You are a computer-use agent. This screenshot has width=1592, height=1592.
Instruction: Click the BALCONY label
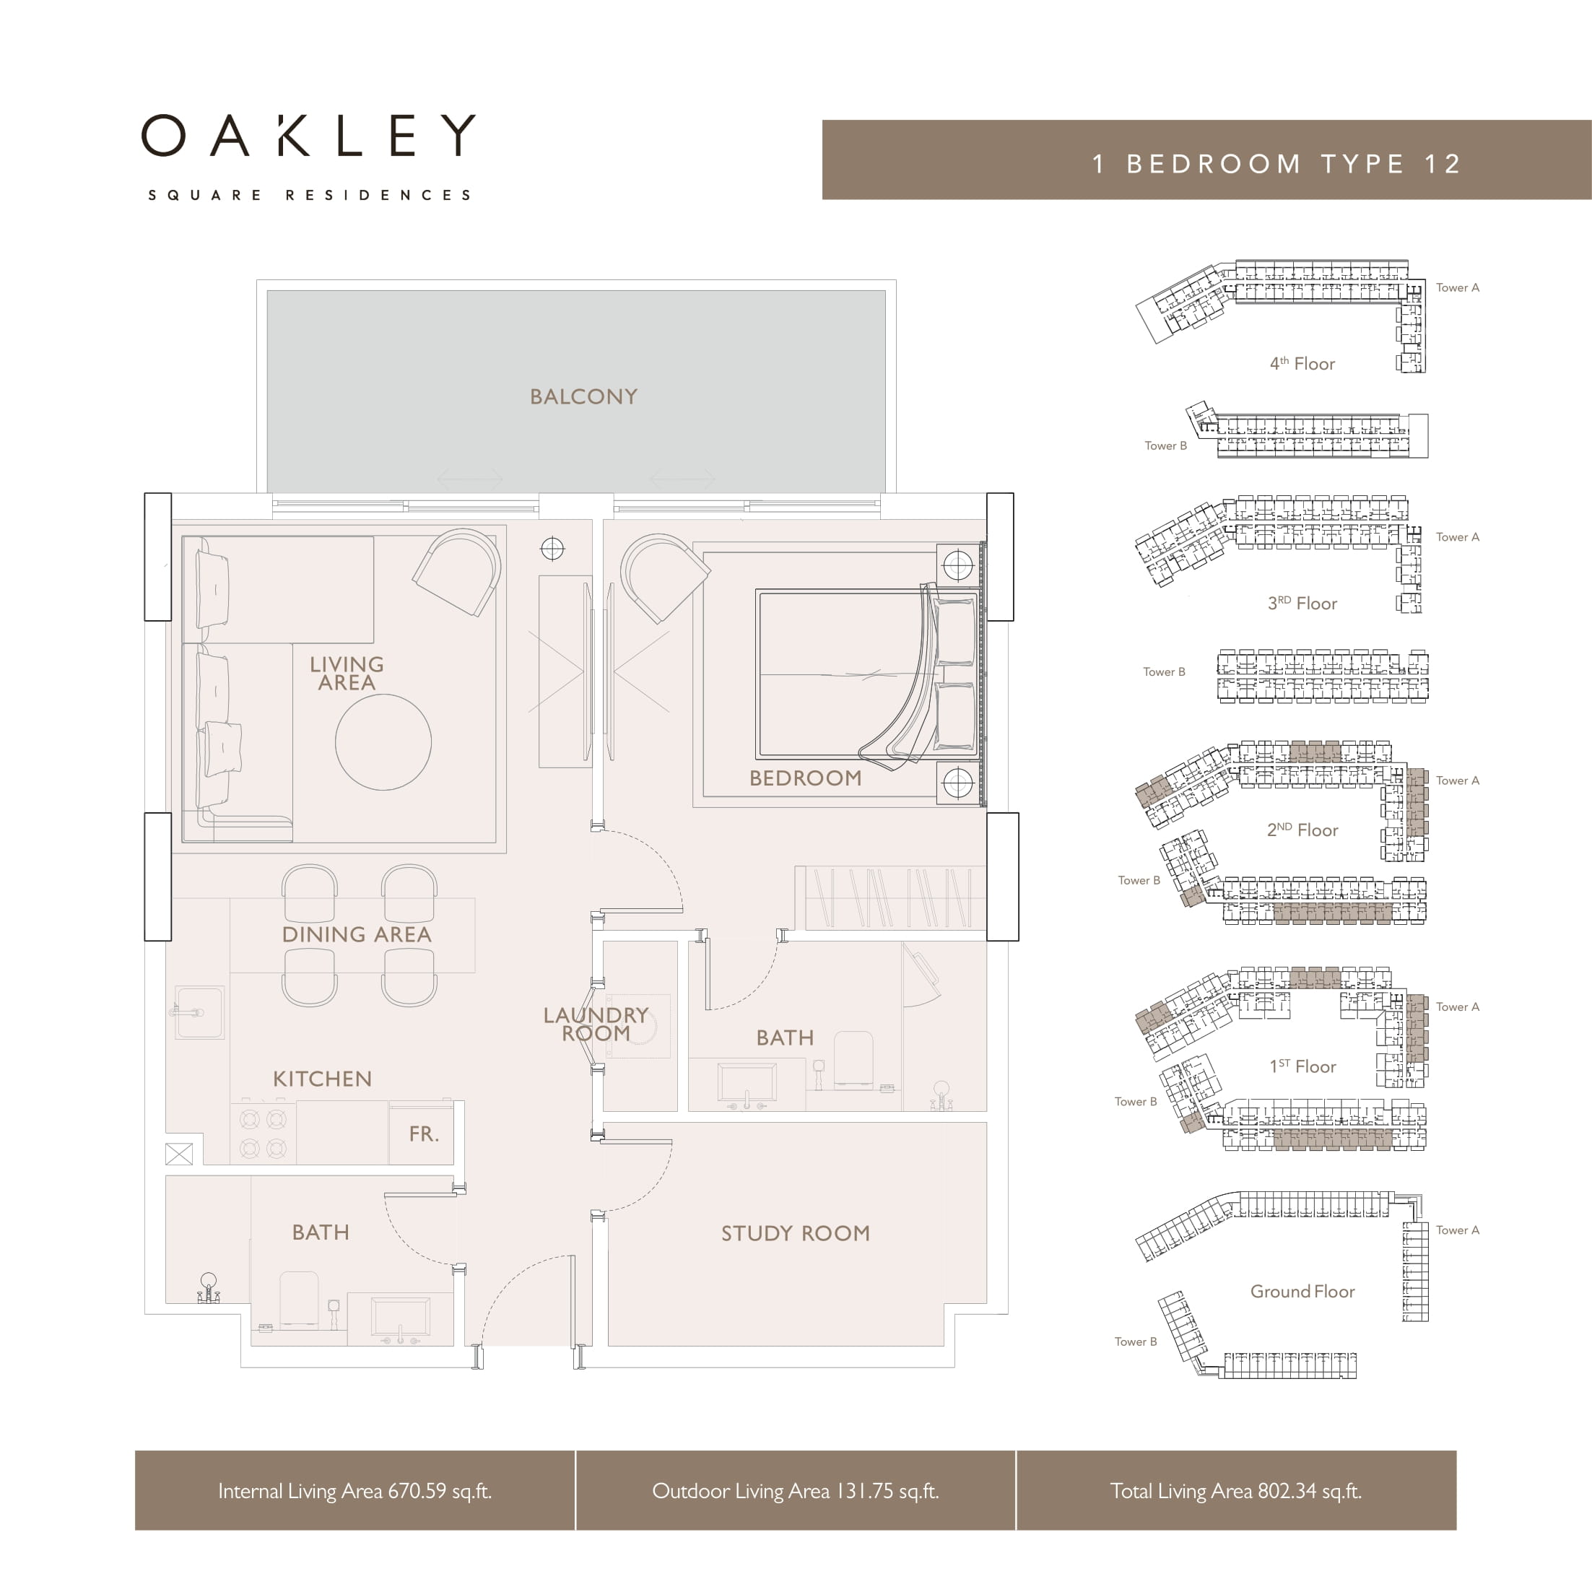(583, 396)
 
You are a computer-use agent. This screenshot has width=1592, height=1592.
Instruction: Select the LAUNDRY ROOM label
(596, 1025)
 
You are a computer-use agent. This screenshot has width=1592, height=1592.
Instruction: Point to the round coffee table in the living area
(383, 741)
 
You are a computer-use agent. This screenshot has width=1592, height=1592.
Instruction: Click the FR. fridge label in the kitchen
(424, 1134)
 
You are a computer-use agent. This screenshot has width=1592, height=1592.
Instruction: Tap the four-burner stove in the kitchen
(263, 1132)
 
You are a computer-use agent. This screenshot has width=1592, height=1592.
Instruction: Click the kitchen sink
(199, 1013)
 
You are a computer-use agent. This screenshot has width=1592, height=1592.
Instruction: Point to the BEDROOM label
(805, 778)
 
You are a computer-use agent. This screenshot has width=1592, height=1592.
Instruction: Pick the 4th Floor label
(1302, 363)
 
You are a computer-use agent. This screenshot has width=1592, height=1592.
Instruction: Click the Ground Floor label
(1302, 1291)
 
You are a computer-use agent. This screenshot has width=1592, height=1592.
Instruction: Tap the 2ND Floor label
(1302, 830)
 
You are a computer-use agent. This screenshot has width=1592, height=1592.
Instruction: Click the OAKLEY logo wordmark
(308, 135)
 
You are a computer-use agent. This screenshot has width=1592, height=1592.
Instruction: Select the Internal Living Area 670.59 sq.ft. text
(354, 1491)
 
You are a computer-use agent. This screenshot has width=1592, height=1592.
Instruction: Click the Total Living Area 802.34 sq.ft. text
(1235, 1491)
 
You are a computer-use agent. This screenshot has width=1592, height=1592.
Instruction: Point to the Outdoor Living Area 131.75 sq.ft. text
(795, 1491)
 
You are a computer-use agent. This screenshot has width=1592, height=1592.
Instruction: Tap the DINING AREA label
(356, 934)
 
